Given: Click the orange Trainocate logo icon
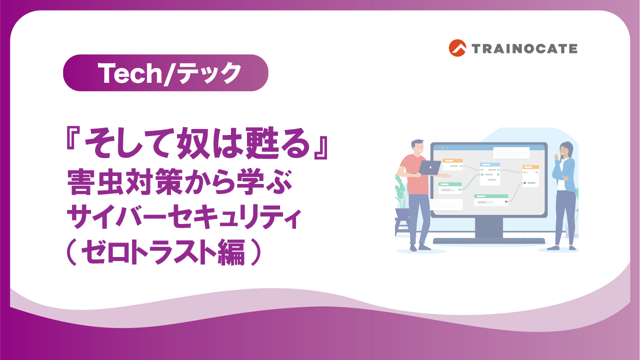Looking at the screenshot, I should click(x=457, y=48).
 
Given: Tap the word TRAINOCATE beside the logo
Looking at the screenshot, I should click(x=524, y=48).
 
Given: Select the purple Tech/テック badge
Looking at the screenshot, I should click(x=165, y=73).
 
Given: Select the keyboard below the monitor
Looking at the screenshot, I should click(x=488, y=241).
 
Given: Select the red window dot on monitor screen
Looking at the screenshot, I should click(x=434, y=148).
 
